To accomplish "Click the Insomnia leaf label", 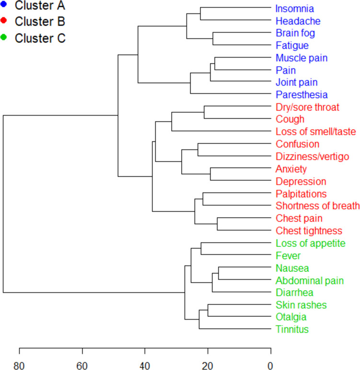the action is tap(295, 9).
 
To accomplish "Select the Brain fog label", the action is tap(295, 33).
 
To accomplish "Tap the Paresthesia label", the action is tap(302, 94).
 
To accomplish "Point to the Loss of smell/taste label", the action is tap(315, 131).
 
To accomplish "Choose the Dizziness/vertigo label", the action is tap(313, 156).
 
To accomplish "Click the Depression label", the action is tap(301, 182).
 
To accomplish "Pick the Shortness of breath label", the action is tap(318, 206).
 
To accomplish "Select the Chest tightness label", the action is tap(309, 231).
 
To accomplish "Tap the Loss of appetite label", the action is tap(311, 243).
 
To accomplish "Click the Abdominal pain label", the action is tap(310, 280).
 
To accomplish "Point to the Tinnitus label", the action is tap(292, 329).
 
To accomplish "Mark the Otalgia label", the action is tap(291, 317).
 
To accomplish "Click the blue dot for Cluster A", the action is tap(3, 4).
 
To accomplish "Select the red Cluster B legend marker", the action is tap(3, 20).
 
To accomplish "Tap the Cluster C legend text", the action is tap(40, 38).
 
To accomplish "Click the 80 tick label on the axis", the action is tap(19, 366).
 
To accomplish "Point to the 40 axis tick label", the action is tap(145, 366).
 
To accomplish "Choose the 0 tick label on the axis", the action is tap(270, 366).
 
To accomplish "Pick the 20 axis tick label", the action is tap(208, 366).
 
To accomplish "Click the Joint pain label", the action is tap(297, 82).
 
